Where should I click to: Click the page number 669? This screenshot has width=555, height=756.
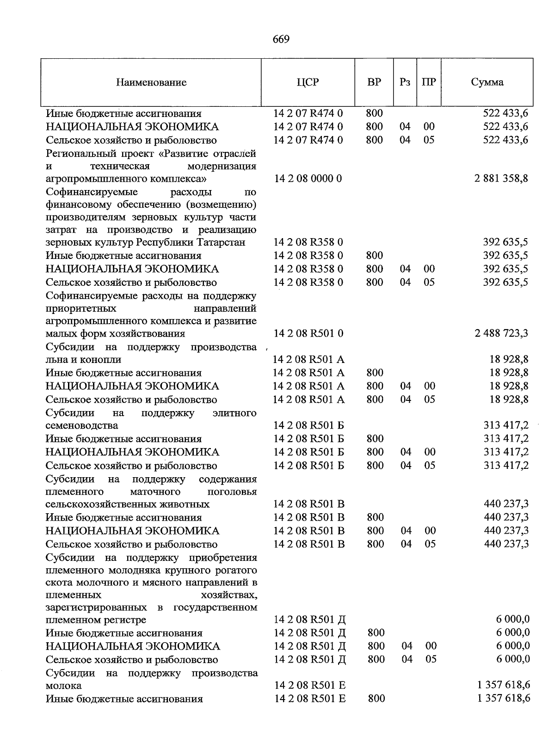click(281, 39)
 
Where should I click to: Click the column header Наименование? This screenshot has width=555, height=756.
click(151, 83)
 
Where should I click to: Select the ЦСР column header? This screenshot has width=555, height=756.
click(308, 83)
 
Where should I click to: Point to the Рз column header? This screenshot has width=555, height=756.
click(405, 83)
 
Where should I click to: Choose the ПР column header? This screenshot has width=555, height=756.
click(429, 83)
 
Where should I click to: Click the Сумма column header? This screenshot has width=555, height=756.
click(487, 83)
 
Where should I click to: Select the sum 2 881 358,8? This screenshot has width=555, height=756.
click(501, 178)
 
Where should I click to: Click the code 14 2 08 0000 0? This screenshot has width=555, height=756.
click(308, 178)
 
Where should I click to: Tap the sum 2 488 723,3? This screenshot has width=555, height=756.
click(501, 333)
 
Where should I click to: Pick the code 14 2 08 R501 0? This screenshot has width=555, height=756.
click(308, 333)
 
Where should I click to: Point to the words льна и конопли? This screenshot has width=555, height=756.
click(83, 360)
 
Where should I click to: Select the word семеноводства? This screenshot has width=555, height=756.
click(82, 425)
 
